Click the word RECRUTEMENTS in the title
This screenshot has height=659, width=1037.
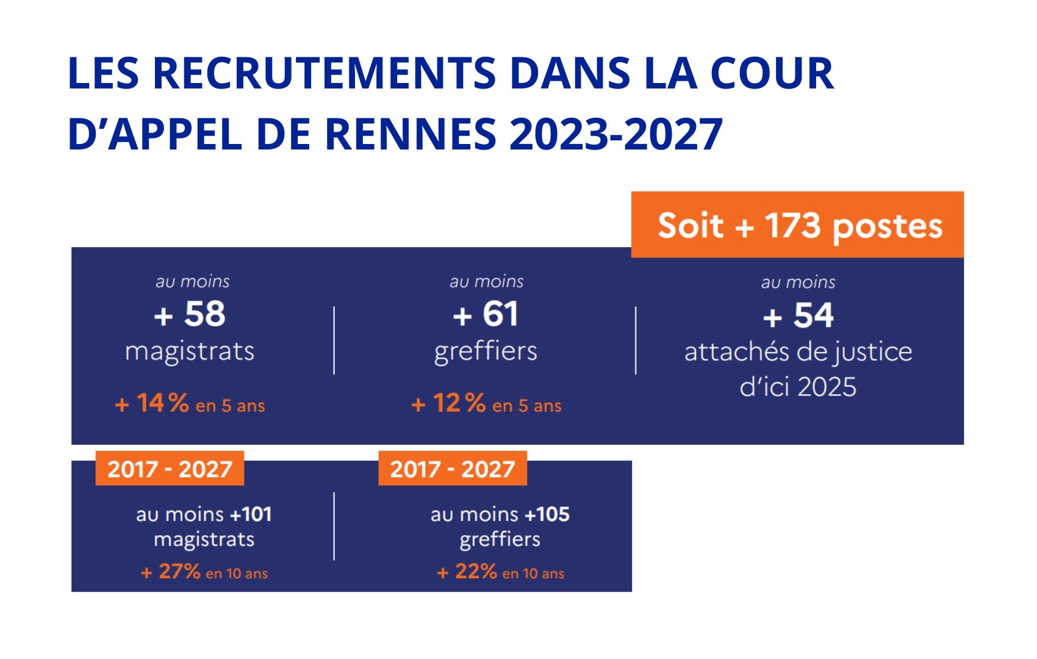[x=323, y=74]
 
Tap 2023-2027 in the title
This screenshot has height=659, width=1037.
[x=616, y=134]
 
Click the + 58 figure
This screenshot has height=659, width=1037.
[x=190, y=315]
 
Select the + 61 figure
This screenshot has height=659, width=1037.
[x=486, y=315]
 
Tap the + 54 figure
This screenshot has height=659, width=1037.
[x=798, y=316]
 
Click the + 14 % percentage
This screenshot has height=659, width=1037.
[x=152, y=403]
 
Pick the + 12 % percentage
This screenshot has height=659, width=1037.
[x=448, y=403]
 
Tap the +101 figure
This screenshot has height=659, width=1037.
[x=251, y=514]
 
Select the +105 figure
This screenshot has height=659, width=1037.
[x=547, y=514]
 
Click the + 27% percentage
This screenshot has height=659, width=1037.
[x=171, y=572]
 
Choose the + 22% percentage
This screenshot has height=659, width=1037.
[x=467, y=572]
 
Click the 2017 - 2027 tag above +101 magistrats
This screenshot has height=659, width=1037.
[x=170, y=469]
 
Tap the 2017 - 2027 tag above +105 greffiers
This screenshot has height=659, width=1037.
[x=453, y=469]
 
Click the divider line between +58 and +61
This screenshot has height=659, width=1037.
[x=334, y=340]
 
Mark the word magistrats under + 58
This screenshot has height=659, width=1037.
[x=190, y=351]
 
